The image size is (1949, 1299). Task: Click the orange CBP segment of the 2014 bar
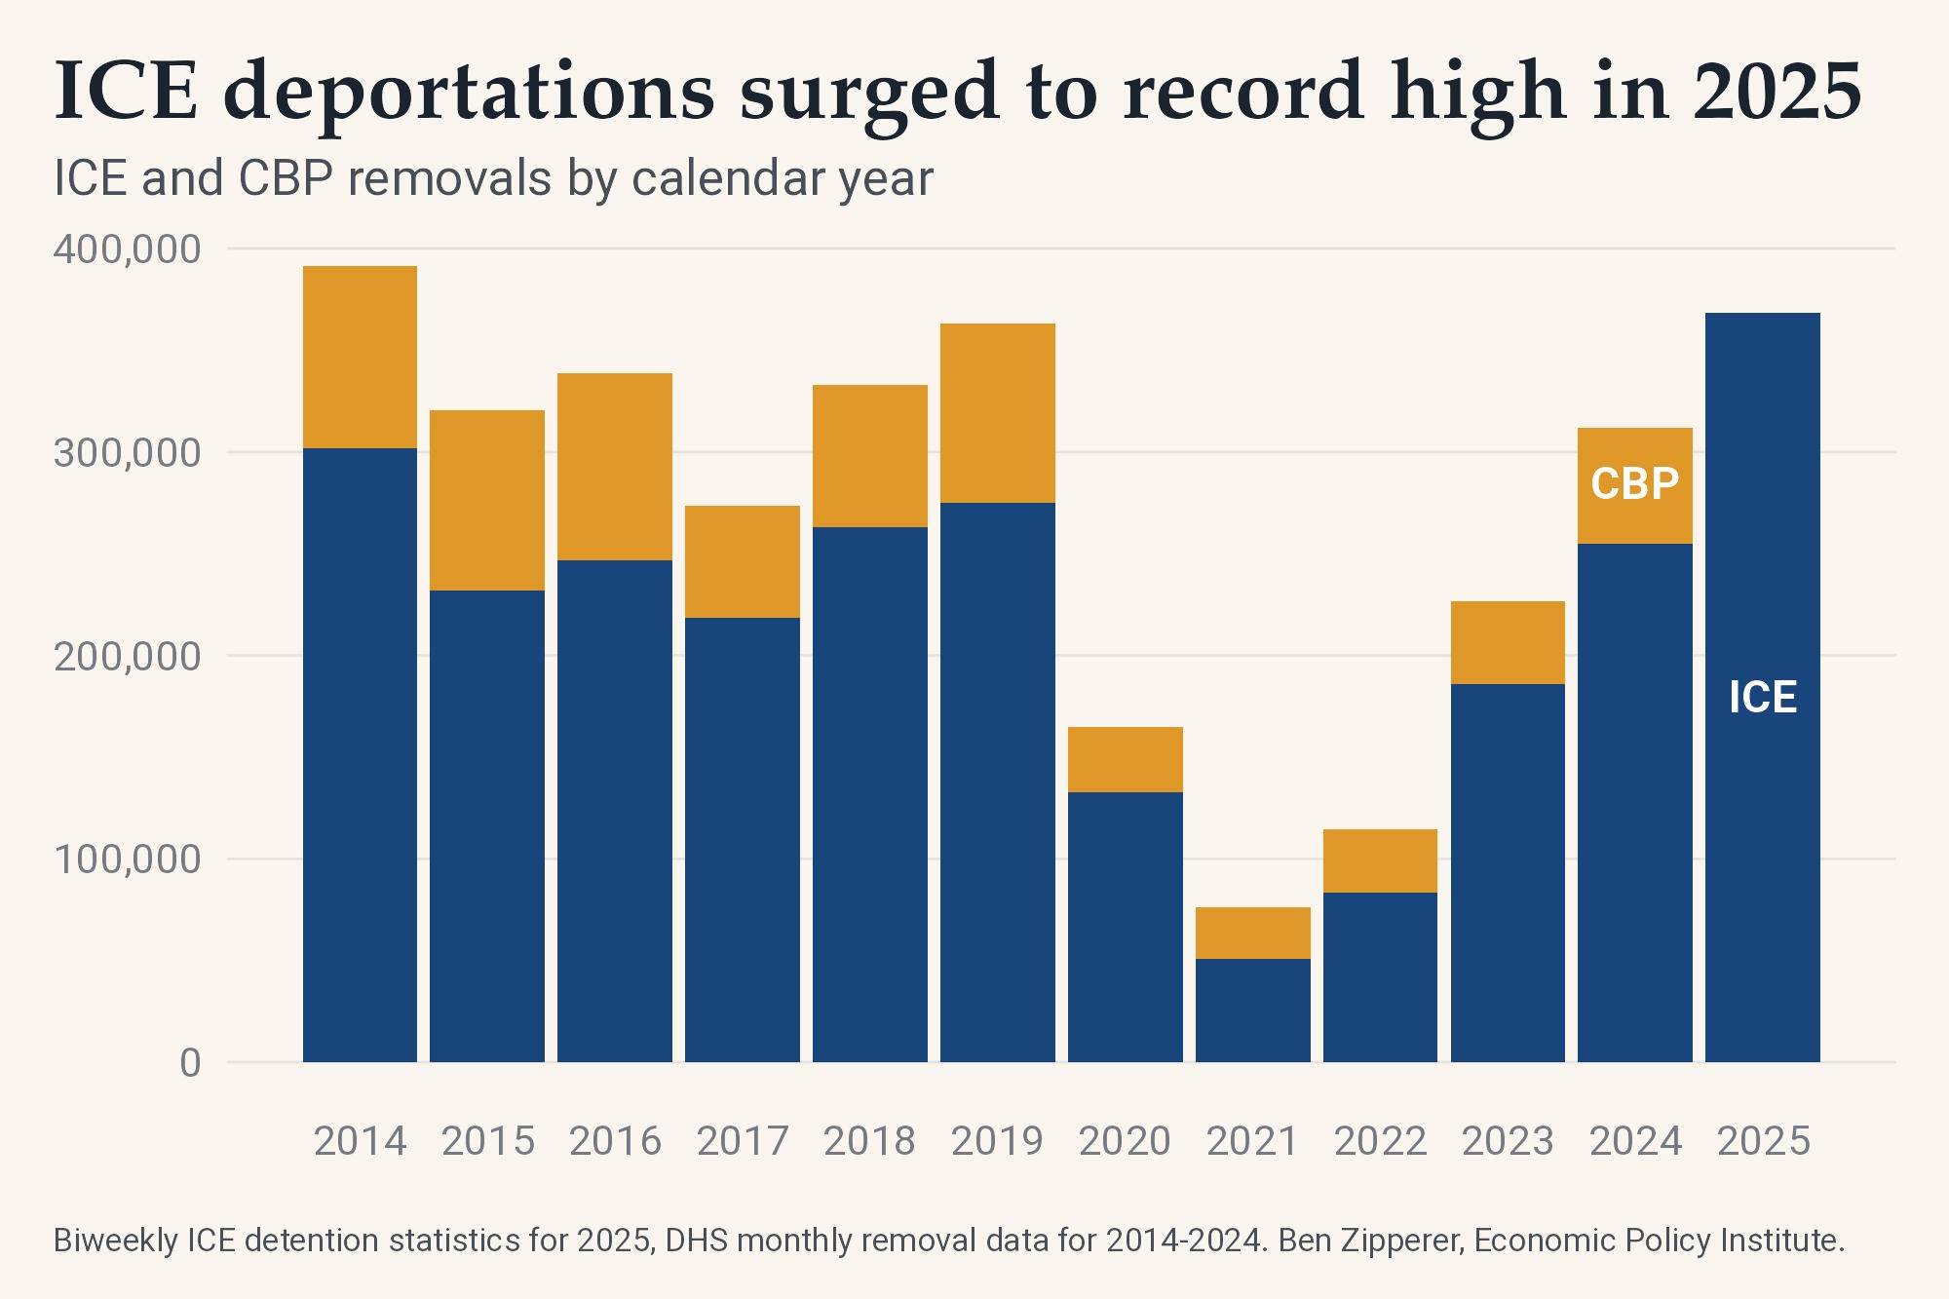pyautogui.click(x=360, y=357)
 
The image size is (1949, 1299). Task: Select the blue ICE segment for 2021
pyautogui.click(x=1252, y=1010)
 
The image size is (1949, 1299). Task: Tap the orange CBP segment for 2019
pyautogui.click(x=997, y=412)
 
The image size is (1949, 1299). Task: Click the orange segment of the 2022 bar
pyautogui.click(x=1380, y=860)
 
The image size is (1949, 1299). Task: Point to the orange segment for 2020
pyautogui.click(x=1125, y=759)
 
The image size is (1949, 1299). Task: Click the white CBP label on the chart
pyautogui.click(x=1634, y=484)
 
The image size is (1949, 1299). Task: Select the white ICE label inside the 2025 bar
pyautogui.click(x=1762, y=698)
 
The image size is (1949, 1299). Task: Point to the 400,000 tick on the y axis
pyautogui.click(x=127, y=249)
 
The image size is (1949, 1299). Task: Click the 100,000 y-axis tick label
pyautogui.click(x=127, y=860)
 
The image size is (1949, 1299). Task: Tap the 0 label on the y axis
pyautogui.click(x=190, y=1063)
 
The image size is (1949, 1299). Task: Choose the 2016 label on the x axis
pyautogui.click(x=615, y=1141)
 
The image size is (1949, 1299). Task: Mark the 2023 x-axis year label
pyautogui.click(x=1508, y=1141)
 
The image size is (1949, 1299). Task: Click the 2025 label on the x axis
pyautogui.click(x=1763, y=1141)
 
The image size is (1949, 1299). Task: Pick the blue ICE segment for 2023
pyautogui.click(x=1508, y=872)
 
